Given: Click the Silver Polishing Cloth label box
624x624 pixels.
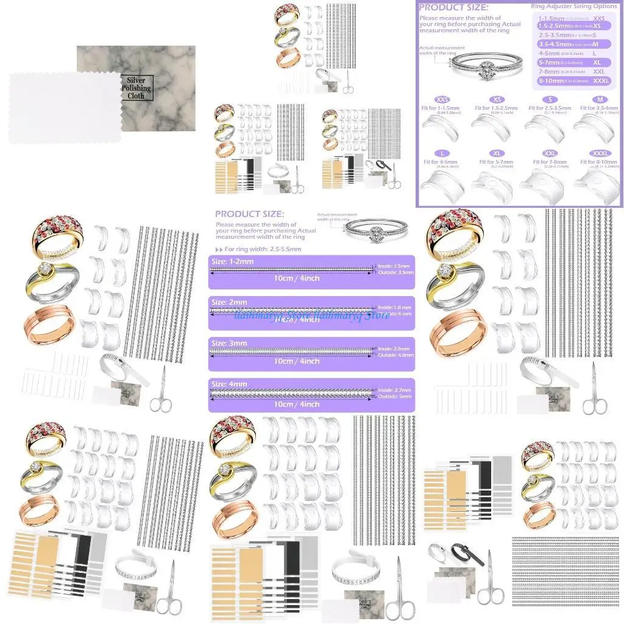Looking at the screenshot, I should [136, 88].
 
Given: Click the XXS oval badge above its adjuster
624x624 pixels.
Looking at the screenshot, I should [442, 99].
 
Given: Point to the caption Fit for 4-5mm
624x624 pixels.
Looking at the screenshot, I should [442, 162].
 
